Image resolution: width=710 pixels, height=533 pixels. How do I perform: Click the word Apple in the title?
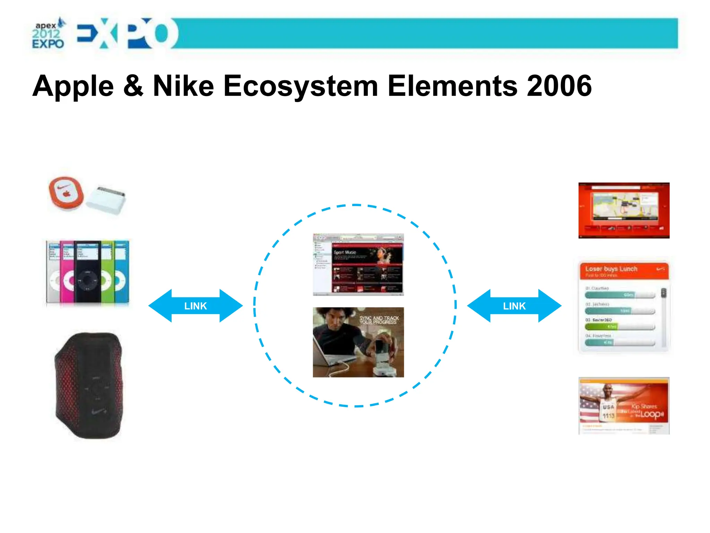(x=73, y=87)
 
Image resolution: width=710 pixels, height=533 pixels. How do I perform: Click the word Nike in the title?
(x=183, y=86)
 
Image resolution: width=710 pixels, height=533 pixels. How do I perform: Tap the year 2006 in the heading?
(x=559, y=86)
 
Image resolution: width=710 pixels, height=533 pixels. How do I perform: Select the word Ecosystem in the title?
(x=301, y=87)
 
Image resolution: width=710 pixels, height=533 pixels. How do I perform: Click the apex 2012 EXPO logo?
(x=48, y=34)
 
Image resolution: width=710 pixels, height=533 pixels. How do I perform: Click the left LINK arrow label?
(x=195, y=306)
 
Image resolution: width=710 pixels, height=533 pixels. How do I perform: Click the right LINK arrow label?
(x=514, y=306)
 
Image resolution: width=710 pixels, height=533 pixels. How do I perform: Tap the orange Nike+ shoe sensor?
(x=66, y=194)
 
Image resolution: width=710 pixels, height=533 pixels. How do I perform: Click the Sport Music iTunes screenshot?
(x=358, y=264)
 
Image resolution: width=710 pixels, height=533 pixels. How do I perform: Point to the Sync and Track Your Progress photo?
(x=358, y=342)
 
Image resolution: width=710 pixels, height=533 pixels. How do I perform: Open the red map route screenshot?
(x=624, y=210)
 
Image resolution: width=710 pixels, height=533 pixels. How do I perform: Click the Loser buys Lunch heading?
(x=611, y=269)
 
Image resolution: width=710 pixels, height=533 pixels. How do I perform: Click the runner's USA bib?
(x=608, y=411)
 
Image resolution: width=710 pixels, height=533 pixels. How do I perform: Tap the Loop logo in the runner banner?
(x=651, y=414)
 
